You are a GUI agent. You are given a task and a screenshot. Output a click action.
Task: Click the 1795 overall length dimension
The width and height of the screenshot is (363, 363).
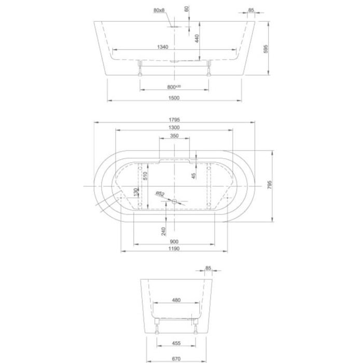click(x=174, y=119)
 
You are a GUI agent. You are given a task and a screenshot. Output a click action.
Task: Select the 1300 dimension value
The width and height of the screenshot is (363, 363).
click(x=174, y=128)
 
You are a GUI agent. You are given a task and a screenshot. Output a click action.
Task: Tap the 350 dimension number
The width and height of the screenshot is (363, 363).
click(x=174, y=136)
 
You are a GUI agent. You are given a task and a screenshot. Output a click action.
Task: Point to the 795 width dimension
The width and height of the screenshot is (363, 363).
click(x=269, y=186)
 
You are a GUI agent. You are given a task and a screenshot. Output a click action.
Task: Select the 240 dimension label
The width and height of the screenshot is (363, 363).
click(x=164, y=231)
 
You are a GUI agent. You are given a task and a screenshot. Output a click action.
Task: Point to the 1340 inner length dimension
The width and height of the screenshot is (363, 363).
click(x=162, y=47)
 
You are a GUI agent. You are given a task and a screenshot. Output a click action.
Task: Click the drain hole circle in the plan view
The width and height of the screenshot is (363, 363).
click(x=175, y=202)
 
